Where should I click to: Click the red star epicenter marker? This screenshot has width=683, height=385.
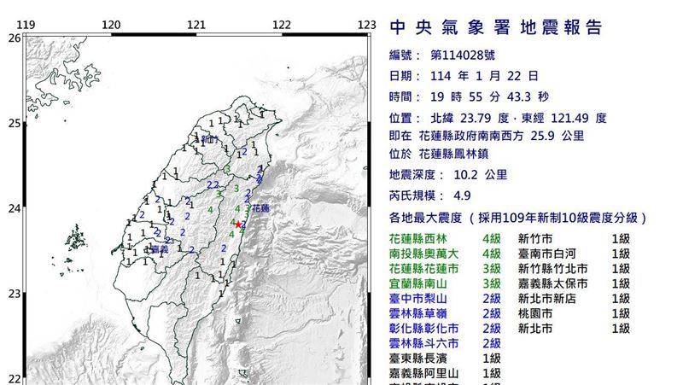[237, 224]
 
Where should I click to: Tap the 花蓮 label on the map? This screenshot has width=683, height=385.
[259, 207]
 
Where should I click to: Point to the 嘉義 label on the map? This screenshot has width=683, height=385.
[159, 250]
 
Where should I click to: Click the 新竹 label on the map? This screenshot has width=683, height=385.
[211, 137]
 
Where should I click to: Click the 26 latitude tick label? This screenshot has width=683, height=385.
[13, 38]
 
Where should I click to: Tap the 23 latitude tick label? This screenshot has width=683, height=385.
[13, 295]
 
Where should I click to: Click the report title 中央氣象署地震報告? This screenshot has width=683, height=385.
[496, 28]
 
